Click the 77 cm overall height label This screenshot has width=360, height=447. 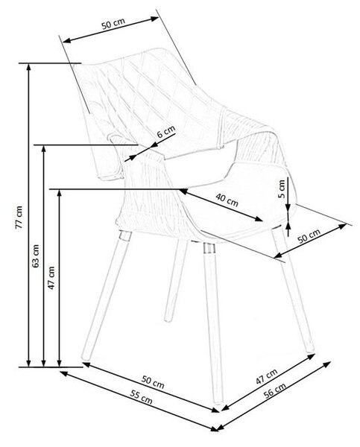click(x=19, y=217)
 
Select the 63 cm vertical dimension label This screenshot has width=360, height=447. click(x=36, y=256)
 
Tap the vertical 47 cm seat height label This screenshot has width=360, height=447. click(x=51, y=278)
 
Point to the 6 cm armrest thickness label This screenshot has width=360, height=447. click(x=166, y=132)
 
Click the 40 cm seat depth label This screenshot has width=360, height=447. click(x=227, y=200)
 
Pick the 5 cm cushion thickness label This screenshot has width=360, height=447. click(x=282, y=188)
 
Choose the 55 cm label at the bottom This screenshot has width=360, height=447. click(x=141, y=397)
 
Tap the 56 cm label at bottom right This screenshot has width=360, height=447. click(x=274, y=390)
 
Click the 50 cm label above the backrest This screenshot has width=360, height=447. click(x=113, y=23)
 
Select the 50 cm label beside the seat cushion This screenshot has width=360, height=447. click(x=309, y=236)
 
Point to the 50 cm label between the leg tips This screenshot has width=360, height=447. click(x=153, y=382)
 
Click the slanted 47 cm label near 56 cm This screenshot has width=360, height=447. click(x=266, y=376)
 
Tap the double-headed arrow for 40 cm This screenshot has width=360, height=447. click(x=221, y=204)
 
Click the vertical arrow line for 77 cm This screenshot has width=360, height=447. click(x=28, y=215)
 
